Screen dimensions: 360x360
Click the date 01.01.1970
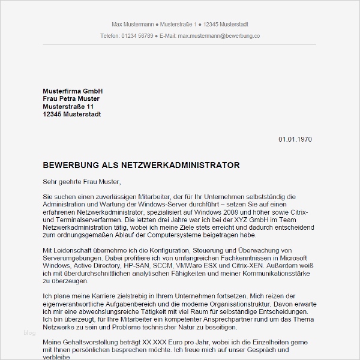(x=295, y=139)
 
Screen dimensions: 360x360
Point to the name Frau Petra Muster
(x=71, y=98)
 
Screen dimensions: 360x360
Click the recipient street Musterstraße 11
(x=68, y=106)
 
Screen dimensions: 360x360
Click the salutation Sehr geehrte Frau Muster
(x=82, y=182)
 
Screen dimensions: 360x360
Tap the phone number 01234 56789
(x=137, y=36)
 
